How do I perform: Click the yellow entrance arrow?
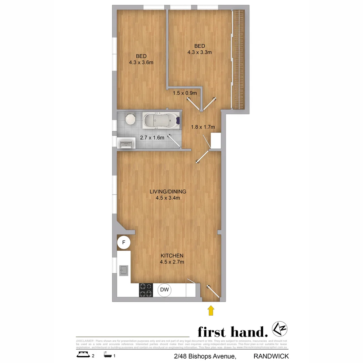[x=211, y=310]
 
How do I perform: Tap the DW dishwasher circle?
[x=164, y=290]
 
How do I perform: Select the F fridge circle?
[x=124, y=242]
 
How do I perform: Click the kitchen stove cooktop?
[x=146, y=290]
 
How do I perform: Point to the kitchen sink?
[x=124, y=270]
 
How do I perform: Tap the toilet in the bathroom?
[x=129, y=119]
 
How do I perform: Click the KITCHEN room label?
[x=172, y=256]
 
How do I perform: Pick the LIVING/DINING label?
[x=168, y=192]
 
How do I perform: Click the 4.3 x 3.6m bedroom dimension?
[x=141, y=62]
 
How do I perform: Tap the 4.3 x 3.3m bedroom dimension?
[x=199, y=52]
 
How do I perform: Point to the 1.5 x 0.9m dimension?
[x=185, y=93]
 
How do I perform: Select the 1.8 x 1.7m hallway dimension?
[x=203, y=127]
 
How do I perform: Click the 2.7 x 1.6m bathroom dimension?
[x=152, y=137]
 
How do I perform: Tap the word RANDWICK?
[x=271, y=356]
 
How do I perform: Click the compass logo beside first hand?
[x=279, y=329]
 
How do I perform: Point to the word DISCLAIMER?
[x=85, y=341]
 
